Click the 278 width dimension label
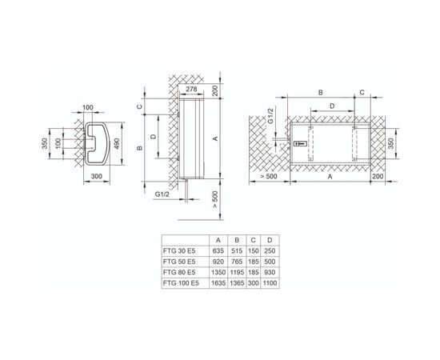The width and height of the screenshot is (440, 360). pos(191,90)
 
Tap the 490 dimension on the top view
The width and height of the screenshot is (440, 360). pos(117,144)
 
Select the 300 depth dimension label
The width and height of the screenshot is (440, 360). pos(97,177)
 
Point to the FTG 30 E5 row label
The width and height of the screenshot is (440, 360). pos(179,251)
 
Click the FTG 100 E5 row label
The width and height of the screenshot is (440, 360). pos(181,283)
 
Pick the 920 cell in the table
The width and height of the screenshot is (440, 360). pos(218,262)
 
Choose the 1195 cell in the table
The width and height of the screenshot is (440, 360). pos(237,273)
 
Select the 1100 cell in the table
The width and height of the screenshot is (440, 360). pos(270,283)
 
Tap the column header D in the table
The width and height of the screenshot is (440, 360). pos(270,240)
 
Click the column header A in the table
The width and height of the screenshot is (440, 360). pos(218,240)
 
